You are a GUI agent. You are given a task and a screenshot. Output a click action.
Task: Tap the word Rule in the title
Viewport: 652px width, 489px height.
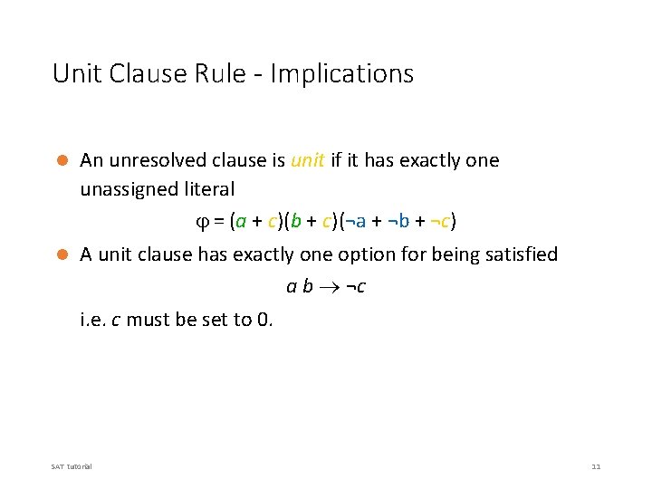[217, 73]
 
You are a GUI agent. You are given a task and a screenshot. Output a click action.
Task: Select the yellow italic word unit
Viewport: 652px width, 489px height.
[307, 160]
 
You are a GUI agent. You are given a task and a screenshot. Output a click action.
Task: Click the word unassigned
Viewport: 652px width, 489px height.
[127, 189]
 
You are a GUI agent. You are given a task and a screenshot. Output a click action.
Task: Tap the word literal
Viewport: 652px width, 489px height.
[207, 189]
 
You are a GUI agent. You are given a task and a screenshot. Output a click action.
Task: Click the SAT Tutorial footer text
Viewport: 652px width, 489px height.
[72, 466]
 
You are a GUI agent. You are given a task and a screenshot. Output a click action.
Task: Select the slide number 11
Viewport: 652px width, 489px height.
[595, 466]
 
